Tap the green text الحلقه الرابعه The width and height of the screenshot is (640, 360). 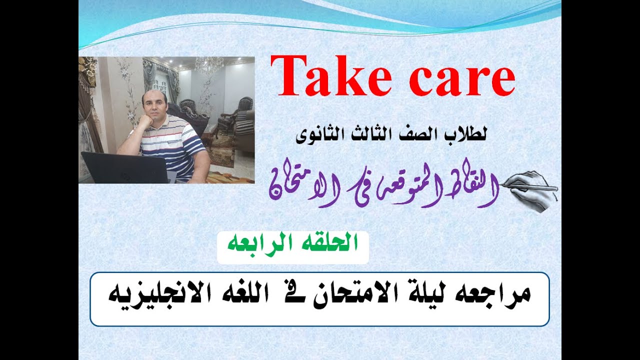(x=293, y=243)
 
